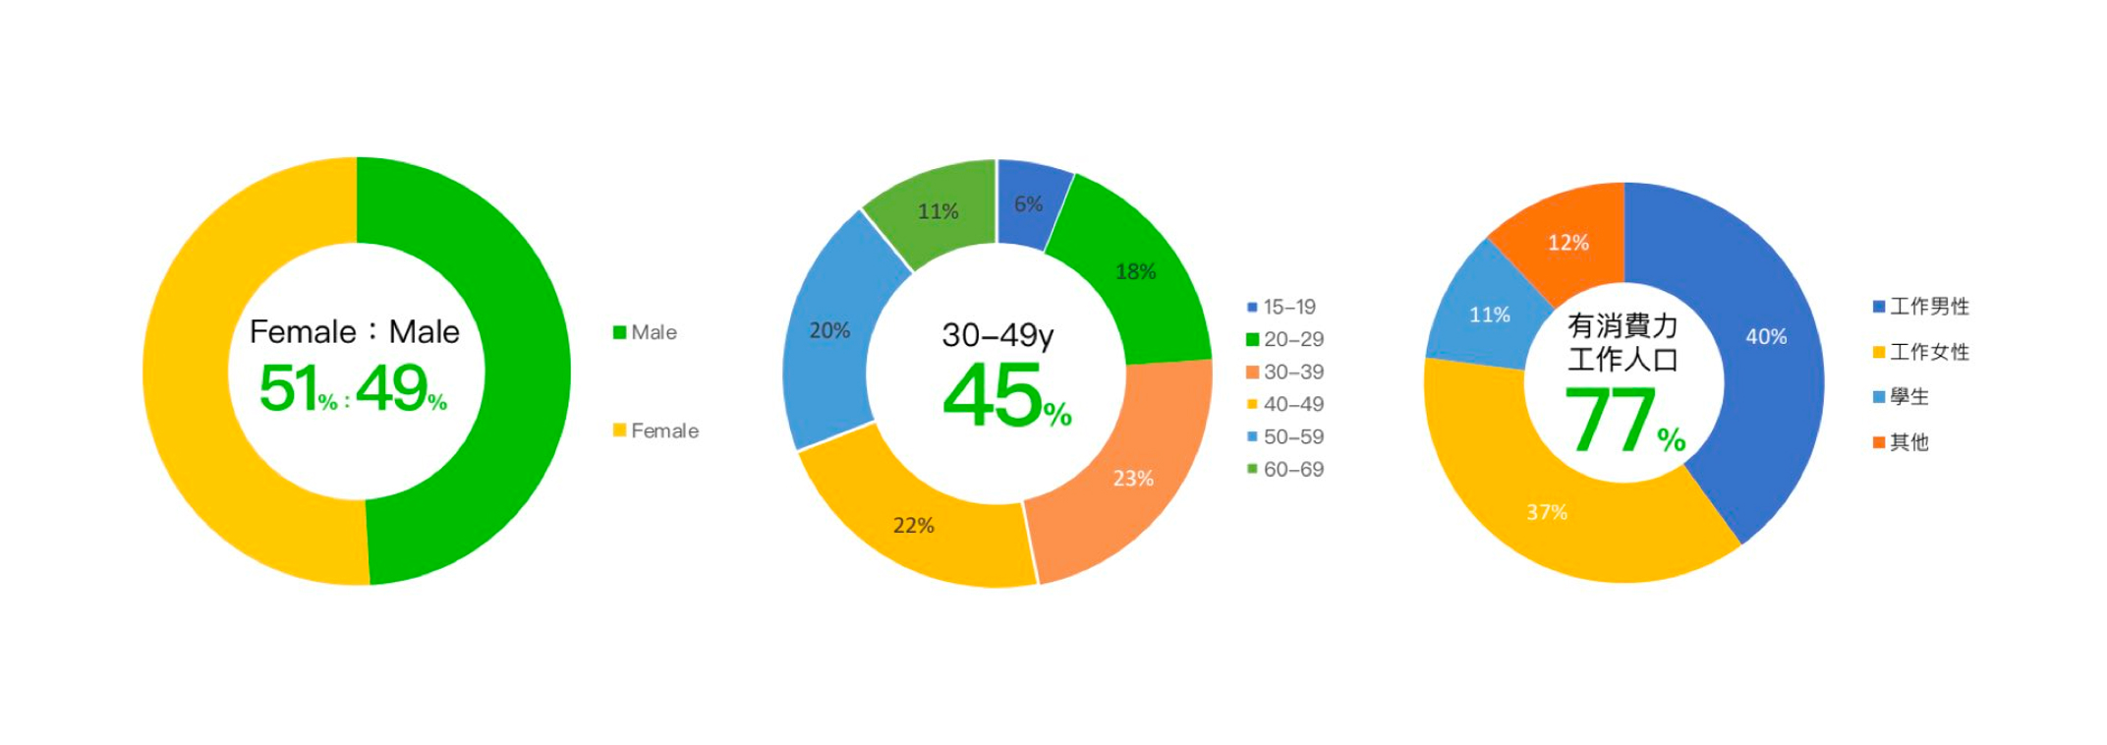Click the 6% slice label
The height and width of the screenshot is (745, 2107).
point(1028,204)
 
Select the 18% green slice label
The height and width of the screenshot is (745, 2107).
point(1135,272)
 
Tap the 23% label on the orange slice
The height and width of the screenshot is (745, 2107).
point(1132,479)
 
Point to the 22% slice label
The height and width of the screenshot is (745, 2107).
point(913,526)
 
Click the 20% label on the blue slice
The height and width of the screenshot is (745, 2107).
point(829,331)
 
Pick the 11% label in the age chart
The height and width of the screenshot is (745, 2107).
point(938,212)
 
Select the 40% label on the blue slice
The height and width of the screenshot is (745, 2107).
point(1765,337)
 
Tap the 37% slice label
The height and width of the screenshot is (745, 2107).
point(1546,513)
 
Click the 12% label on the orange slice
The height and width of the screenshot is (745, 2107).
point(1567,243)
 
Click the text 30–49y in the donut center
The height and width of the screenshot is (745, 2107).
point(997,336)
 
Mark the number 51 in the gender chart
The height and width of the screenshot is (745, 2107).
point(288,388)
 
